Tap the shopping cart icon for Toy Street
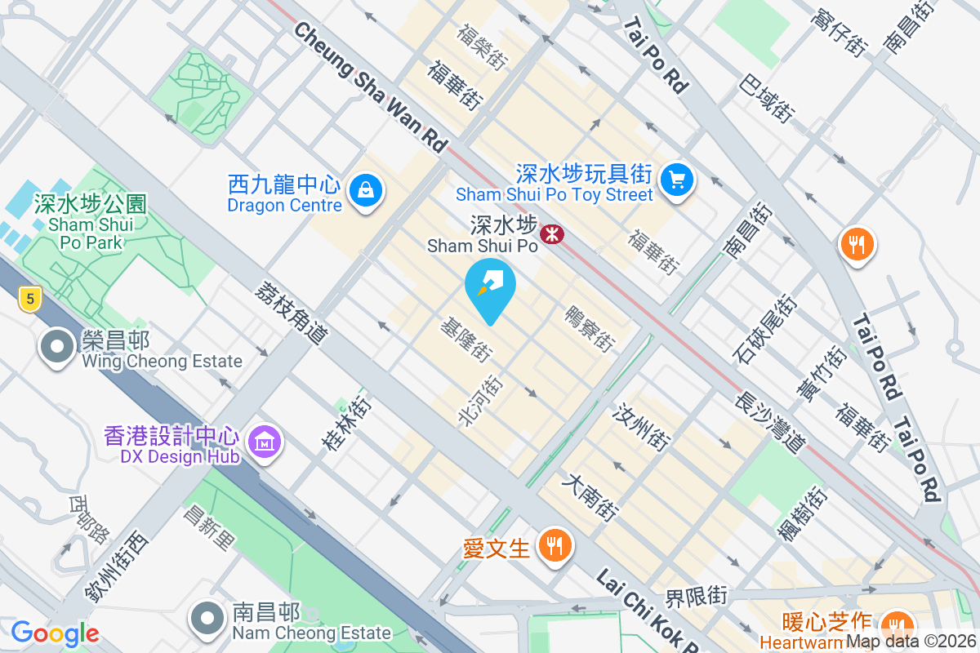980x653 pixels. click(677, 180)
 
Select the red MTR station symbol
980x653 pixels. click(554, 234)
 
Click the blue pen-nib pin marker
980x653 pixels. click(490, 286)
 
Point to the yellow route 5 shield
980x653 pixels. click(30, 300)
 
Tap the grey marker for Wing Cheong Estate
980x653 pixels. click(57, 347)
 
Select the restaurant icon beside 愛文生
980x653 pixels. click(555, 545)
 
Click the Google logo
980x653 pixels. click(55, 633)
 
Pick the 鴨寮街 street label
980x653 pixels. click(589, 329)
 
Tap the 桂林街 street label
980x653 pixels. click(347, 424)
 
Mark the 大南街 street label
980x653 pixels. click(589, 498)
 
